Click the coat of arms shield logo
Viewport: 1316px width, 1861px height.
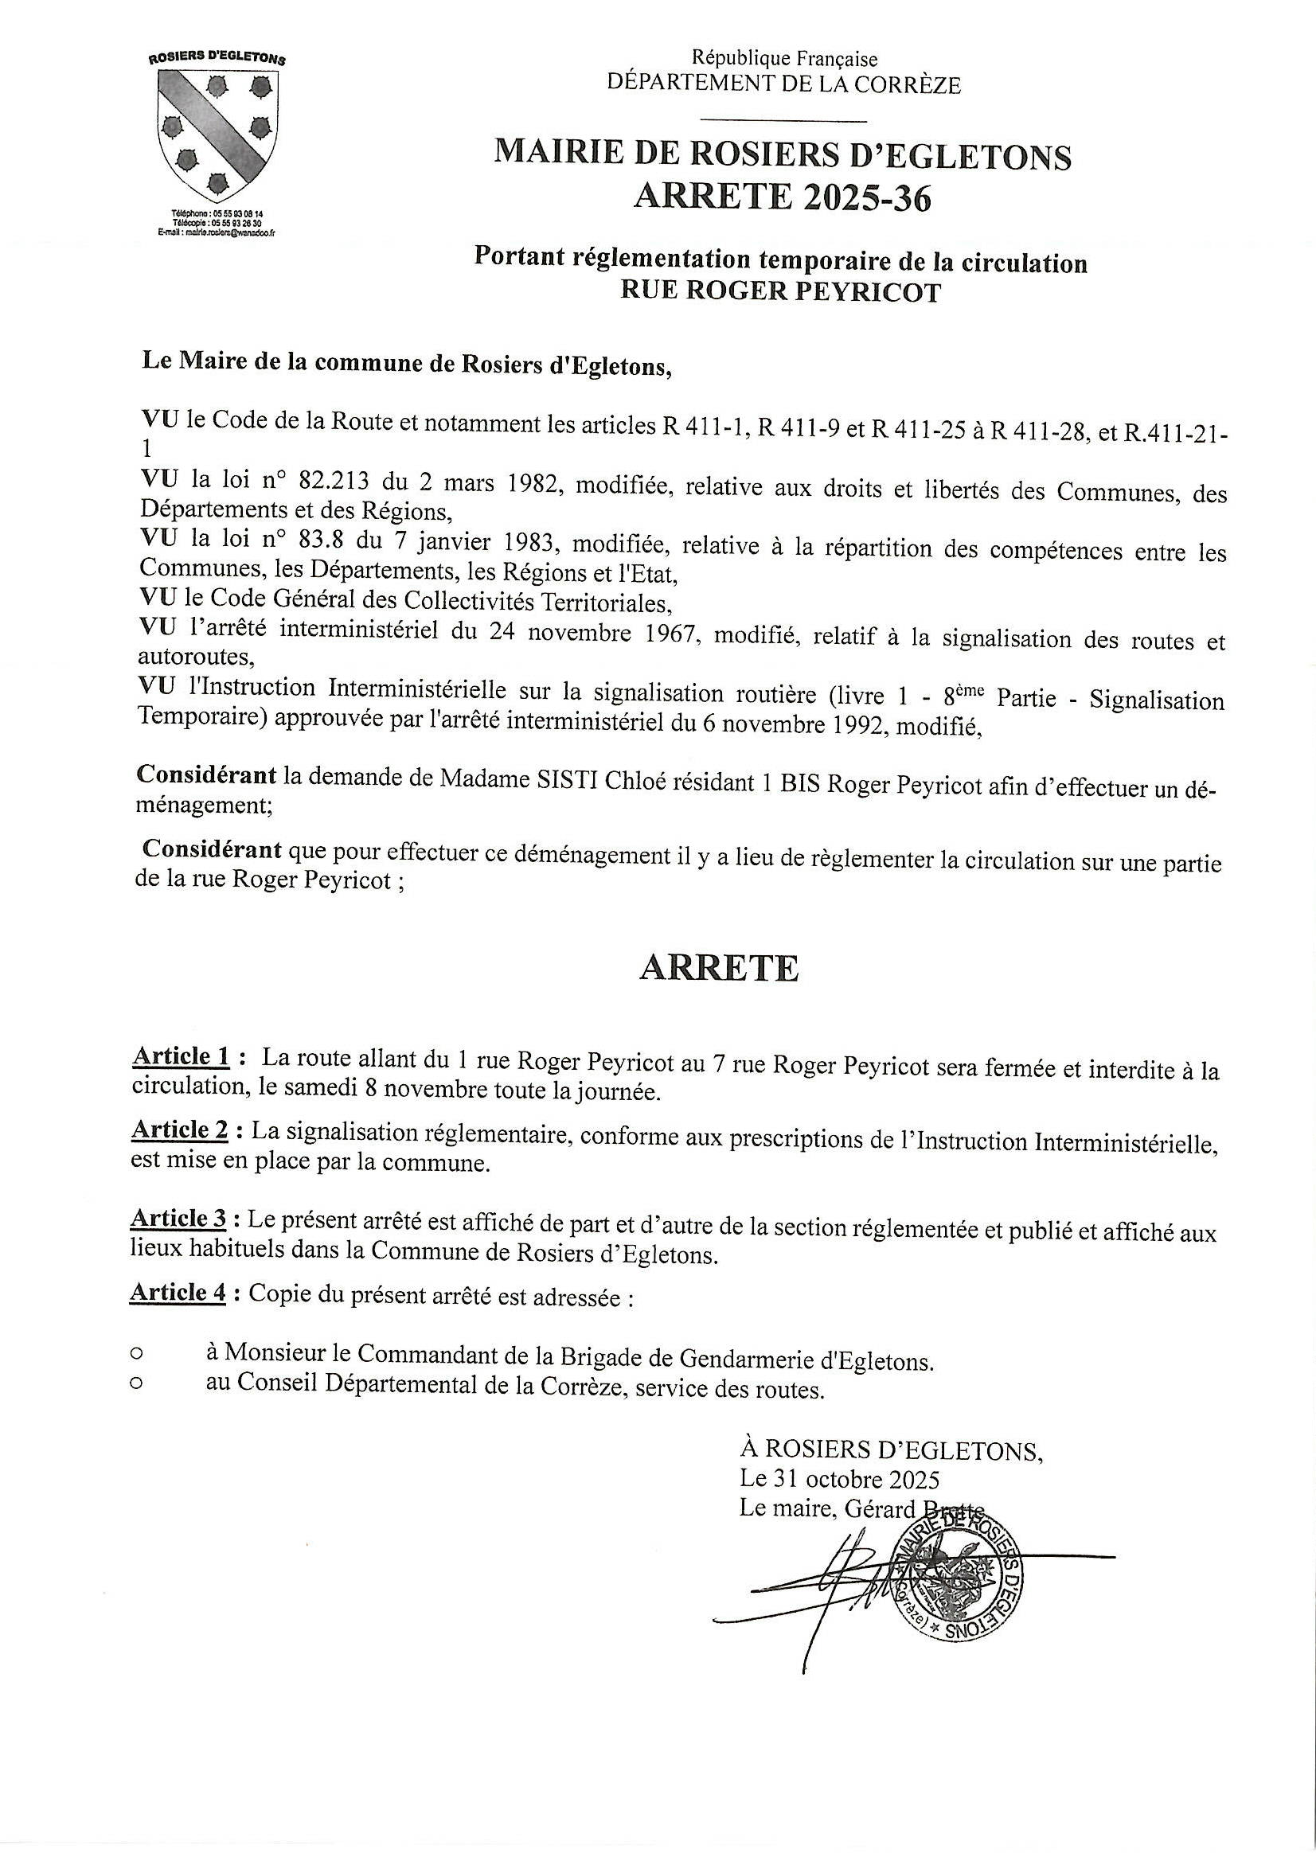tap(217, 134)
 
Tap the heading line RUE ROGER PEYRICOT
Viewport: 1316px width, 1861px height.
tap(780, 292)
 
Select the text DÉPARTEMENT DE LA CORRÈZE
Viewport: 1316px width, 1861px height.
tap(784, 84)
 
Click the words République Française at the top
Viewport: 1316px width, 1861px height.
tap(783, 58)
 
